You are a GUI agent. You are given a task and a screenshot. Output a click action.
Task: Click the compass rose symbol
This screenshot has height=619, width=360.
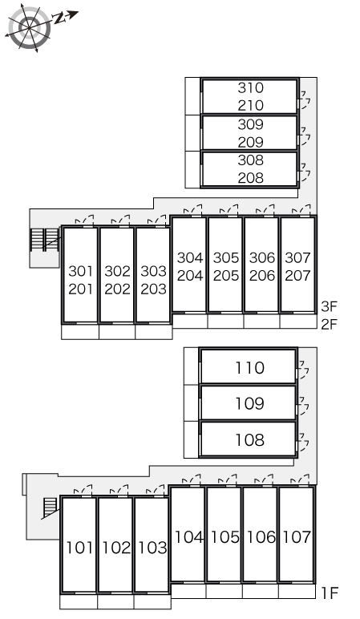[30, 27]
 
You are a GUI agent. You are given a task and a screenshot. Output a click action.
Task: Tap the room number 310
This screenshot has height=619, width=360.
[250, 88]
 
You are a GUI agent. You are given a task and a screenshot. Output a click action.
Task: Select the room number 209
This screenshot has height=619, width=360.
[250, 142]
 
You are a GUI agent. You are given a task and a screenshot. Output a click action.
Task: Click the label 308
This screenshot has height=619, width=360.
[250, 160]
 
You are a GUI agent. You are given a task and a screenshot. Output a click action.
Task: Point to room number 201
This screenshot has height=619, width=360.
[80, 289]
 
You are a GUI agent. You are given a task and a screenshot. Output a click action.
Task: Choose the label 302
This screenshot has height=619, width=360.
[117, 271]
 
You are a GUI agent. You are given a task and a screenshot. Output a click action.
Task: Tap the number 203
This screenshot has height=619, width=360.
[154, 289]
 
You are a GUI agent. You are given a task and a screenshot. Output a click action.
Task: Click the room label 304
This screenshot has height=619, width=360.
[190, 258]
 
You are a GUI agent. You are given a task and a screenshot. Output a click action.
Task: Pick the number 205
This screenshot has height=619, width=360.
[226, 276]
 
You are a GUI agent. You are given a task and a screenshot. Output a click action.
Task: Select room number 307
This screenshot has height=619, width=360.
[297, 258]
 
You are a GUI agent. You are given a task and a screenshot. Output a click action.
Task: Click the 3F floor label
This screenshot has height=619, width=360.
[330, 306]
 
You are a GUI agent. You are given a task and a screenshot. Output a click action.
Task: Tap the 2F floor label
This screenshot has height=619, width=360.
[330, 325]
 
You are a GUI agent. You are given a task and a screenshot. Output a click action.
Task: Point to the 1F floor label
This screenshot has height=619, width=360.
[330, 593]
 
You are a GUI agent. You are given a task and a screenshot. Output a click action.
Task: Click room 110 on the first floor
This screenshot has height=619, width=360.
[249, 368]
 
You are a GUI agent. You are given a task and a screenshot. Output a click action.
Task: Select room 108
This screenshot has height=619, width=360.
[249, 439]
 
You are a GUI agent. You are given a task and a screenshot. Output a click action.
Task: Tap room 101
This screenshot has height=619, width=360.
[79, 548]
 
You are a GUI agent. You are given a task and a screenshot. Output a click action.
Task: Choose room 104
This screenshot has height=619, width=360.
[188, 537]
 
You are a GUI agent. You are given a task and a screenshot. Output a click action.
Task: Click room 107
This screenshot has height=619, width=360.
[297, 537]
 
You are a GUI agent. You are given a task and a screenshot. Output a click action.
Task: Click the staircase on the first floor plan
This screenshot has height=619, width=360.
[51, 508]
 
